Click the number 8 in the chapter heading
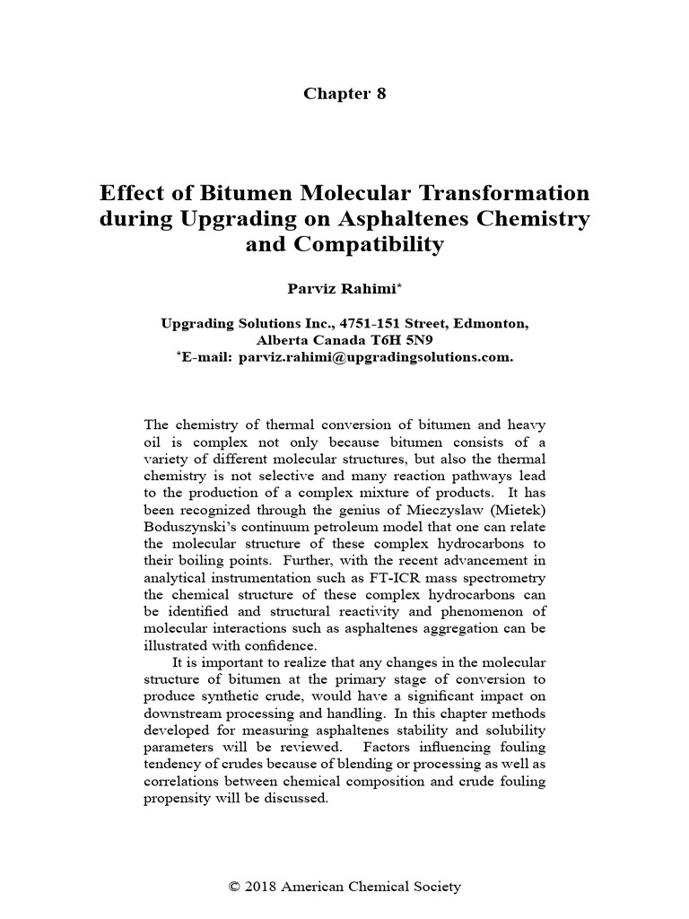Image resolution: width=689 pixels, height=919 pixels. [380, 94]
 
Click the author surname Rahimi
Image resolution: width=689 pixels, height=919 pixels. [371, 289]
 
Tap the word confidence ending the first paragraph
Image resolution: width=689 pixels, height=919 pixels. [261, 645]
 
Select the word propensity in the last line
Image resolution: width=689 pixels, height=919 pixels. [176, 799]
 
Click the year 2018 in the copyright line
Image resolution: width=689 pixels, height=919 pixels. [261, 887]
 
